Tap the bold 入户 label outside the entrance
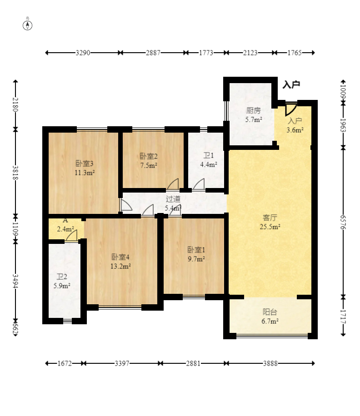click(291, 84)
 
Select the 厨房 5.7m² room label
click(254, 115)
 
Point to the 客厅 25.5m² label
click(270, 222)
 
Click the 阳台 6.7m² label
click(270, 317)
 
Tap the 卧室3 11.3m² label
click(85, 168)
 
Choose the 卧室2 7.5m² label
click(149, 161)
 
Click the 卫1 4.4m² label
click(209, 160)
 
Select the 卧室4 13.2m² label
click(120, 261)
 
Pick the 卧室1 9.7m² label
click(196, 254)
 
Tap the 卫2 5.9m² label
click(62, 281)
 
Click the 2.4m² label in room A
click(65, 229)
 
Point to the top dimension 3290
click(83, 53)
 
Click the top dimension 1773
click(206, 53)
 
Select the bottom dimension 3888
click(270, 363)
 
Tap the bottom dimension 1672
click(65, 363)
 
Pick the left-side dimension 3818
click(15, 173)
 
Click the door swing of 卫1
click(199, 184)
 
